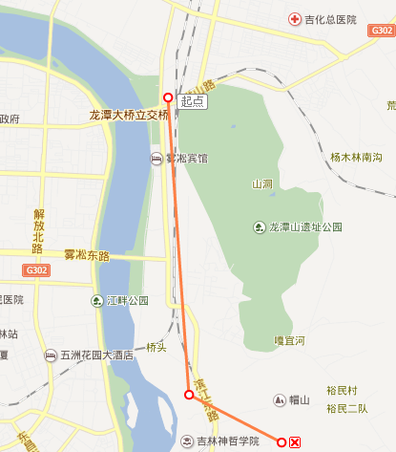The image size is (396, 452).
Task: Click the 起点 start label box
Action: point(192,100)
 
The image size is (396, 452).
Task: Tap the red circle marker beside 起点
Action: point(169,97)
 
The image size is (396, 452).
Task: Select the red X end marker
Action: point(296,441)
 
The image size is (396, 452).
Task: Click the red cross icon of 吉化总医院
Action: point(295,19)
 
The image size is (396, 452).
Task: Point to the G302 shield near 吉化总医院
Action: point(380,32)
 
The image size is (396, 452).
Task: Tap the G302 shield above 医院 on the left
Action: point(11,270)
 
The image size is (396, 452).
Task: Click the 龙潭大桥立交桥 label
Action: point(129,115)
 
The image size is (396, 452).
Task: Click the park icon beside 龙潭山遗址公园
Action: point(260,227)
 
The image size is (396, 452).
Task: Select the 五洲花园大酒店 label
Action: point(96,355)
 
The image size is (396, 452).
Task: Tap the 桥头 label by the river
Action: point(156,348)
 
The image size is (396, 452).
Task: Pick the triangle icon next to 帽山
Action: point(279,399)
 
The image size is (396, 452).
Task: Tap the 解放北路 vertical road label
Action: point(39,231)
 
